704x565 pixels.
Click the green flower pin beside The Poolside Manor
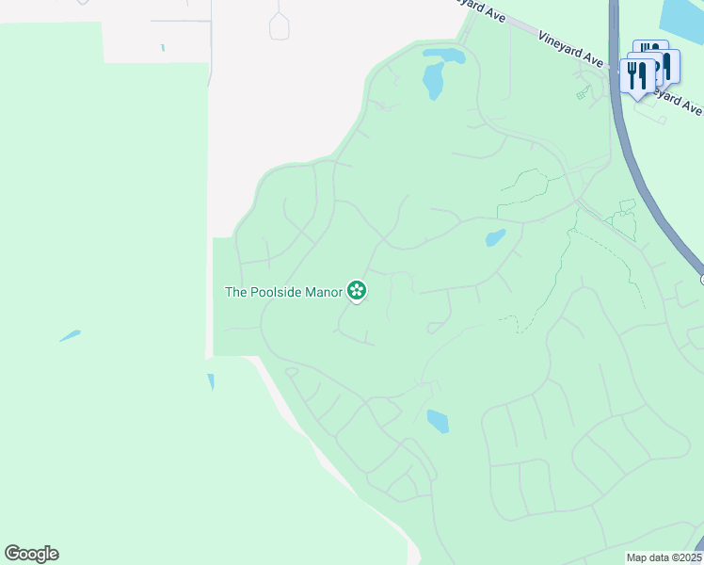357,291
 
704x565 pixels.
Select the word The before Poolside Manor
235,292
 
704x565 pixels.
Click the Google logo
31,554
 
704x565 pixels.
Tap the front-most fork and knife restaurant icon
637,76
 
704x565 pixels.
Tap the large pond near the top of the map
436,75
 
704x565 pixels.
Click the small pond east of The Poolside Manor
495,237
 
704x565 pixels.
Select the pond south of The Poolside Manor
438,421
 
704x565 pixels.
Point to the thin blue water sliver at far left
70,335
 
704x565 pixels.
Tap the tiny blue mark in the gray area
163,47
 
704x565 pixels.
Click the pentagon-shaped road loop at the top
279,25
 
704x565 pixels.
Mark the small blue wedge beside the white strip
211,381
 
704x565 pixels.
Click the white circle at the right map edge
702,279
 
